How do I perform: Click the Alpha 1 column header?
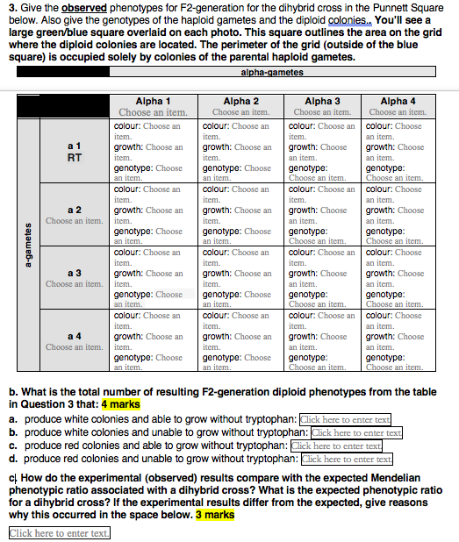[153, 101]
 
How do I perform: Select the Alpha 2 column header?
[240, 101]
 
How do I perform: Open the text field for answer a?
[345, 419]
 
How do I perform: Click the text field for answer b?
[356, 432]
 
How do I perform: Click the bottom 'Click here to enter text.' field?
[60, 533]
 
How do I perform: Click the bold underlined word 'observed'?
[84, 7]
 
